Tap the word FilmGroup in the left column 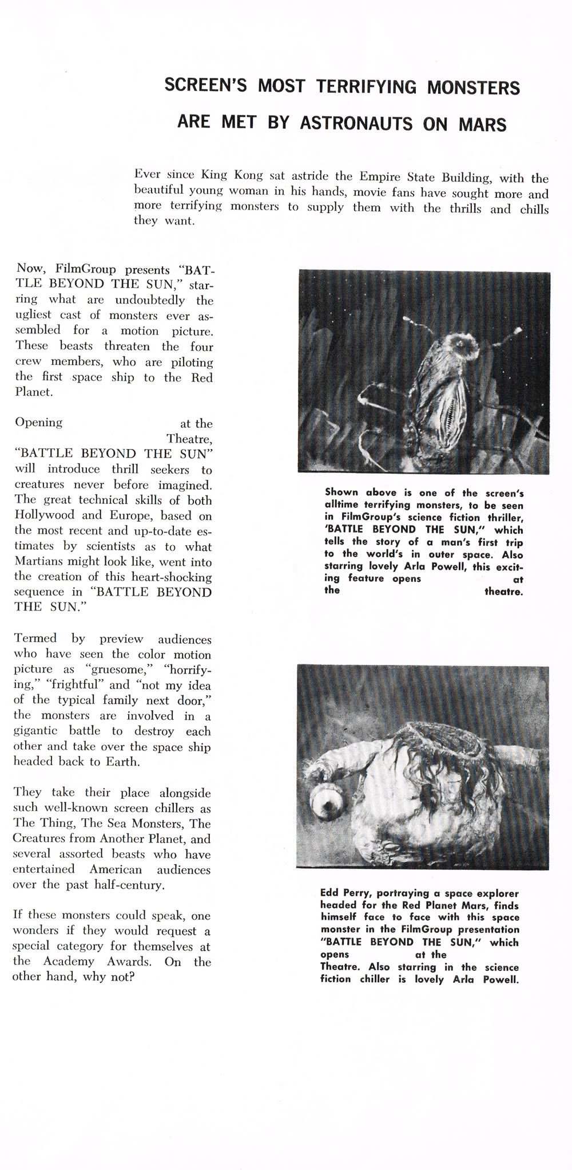tap(86, 269)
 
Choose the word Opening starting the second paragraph tap(39, 423)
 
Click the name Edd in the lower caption tap(330, 893)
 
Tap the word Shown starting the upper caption tap(341, 492)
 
